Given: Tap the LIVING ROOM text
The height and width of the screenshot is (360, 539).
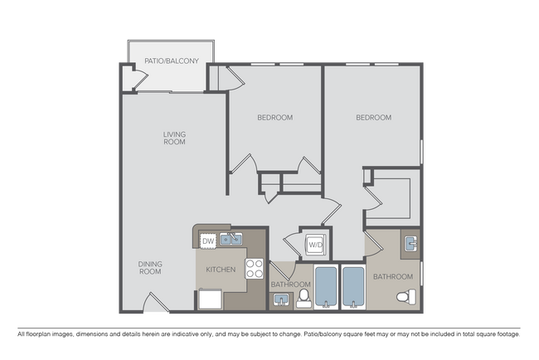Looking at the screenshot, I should pyautogui.click(x=174, y=138).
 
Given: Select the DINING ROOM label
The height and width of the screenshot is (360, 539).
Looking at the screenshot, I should pyautogui.click(x=150, y=268).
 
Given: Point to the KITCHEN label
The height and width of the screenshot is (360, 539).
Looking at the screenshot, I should pyautogui.click(x=221, y=270).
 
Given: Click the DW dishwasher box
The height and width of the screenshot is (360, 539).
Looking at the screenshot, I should pyautogui.click(x=208, y=241).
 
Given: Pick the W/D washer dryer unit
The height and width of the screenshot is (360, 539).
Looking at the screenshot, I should pyautogui.click(x=315, y=245).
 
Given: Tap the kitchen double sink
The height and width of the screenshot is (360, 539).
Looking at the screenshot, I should pyautogui.click(x=231, y=241).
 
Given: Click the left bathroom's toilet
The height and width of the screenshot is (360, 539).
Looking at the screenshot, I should pyautogui.click(x=303, y=297).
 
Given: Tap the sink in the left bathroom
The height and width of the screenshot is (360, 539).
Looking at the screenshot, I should pyautogui.click(x=282, y=300).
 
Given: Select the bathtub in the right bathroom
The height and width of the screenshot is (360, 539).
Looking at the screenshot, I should pyautogui.click(x=354, y=287).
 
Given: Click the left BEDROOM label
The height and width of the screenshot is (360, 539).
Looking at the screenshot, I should pyautogui.click(x=274, y=118).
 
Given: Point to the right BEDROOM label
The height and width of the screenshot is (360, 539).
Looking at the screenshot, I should pyautogui.click(x=373, y=118).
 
